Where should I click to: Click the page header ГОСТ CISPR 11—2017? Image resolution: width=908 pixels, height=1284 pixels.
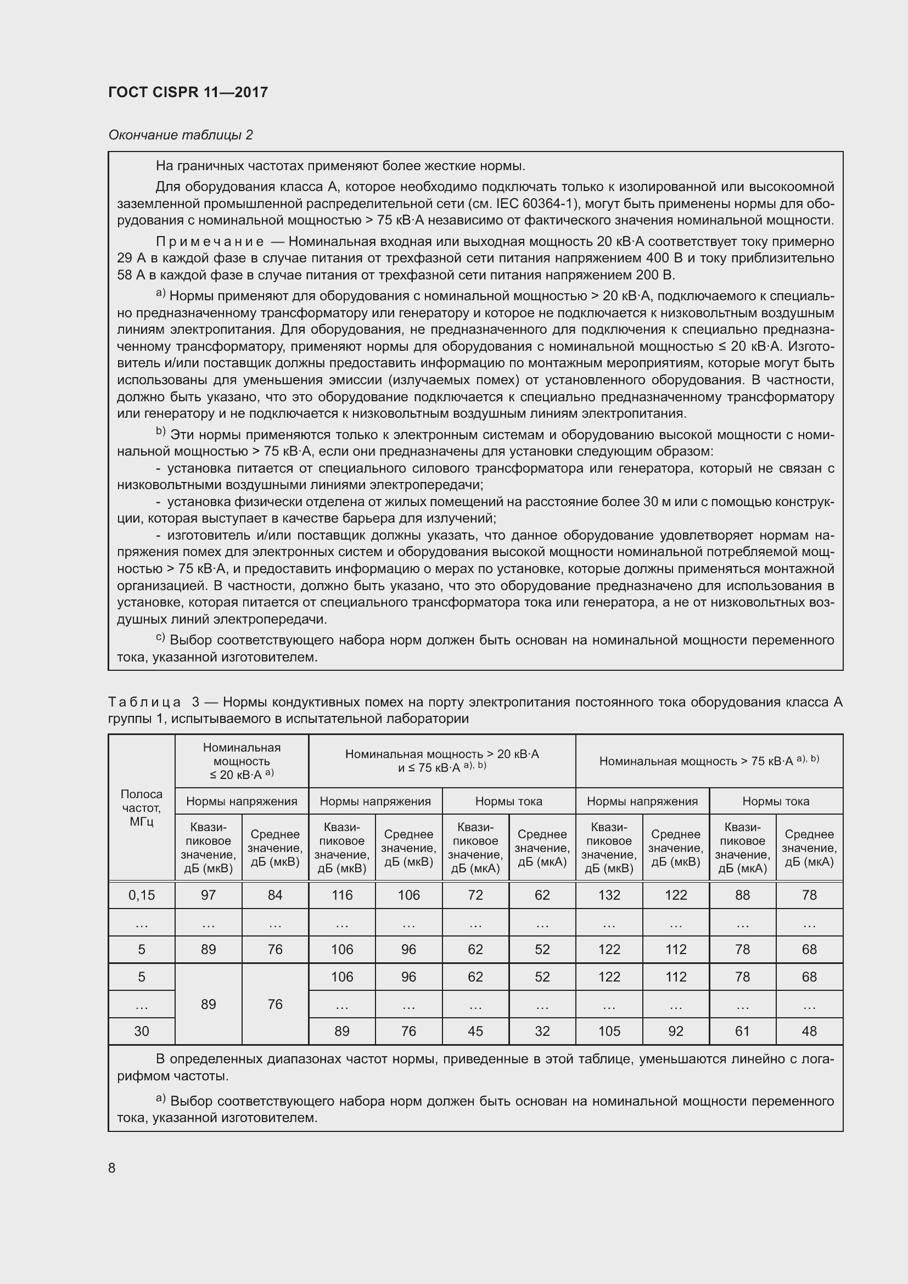[x=188, y=92]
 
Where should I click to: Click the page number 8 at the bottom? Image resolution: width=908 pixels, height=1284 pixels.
[x=112, y=1168]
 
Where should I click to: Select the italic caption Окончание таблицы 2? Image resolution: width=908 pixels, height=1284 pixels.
[x=181, y=135]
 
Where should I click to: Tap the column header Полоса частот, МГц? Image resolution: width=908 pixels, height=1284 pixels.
[x=142, y=808]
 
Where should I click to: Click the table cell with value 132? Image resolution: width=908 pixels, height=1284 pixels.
[x=609, y=895]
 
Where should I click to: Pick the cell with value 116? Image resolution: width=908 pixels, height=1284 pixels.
[x=341, y=895]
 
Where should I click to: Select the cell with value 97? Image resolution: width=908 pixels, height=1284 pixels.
[x=208, y=895]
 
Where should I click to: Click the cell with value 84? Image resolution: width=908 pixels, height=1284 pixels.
[x=275, y=895]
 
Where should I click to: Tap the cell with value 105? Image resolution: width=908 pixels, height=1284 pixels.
[x=609, y=1031]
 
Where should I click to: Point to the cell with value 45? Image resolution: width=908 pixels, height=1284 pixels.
[x=475, y=1031]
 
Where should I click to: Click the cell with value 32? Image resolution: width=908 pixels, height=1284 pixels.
[x=542, y=1031]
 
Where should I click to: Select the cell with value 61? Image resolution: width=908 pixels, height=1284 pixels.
[x=743, y=1031]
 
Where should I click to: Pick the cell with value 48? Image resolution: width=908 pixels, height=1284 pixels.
[x=809, y=1031]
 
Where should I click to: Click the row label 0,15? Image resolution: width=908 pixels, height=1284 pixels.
[x=142, y=895]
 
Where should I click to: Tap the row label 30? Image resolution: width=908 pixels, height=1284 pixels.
[x=142, y=1031]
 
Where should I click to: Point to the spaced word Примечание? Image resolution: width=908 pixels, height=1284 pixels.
[x=210, y=242]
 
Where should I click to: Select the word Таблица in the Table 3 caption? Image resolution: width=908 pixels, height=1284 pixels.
[x=144, y=703]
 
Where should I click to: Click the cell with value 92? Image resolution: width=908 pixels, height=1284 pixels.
[x=675, y=1031]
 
